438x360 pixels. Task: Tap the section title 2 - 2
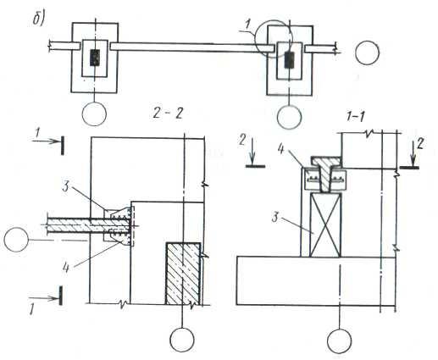click(168, 114)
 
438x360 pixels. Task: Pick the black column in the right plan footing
click(290, 60)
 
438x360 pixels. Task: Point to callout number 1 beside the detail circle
click(247, 25)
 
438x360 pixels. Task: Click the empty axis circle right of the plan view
click(367, 53)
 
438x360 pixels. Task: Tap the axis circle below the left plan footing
click(94, 114)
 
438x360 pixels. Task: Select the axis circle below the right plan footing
click(289, 117)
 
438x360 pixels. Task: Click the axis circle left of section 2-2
click(16, 240)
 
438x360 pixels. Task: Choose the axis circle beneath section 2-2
click(182, 340)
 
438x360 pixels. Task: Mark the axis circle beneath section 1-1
click(340, 341)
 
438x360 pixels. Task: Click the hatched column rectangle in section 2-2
click(183, 274)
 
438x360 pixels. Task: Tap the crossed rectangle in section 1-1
click(325, 225)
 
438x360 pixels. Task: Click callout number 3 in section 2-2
click(65, 187)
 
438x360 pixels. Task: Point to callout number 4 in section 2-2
click(66, 268)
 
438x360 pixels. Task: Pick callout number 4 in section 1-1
click(280, 149)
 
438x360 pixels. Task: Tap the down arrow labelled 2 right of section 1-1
click(413, 154)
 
